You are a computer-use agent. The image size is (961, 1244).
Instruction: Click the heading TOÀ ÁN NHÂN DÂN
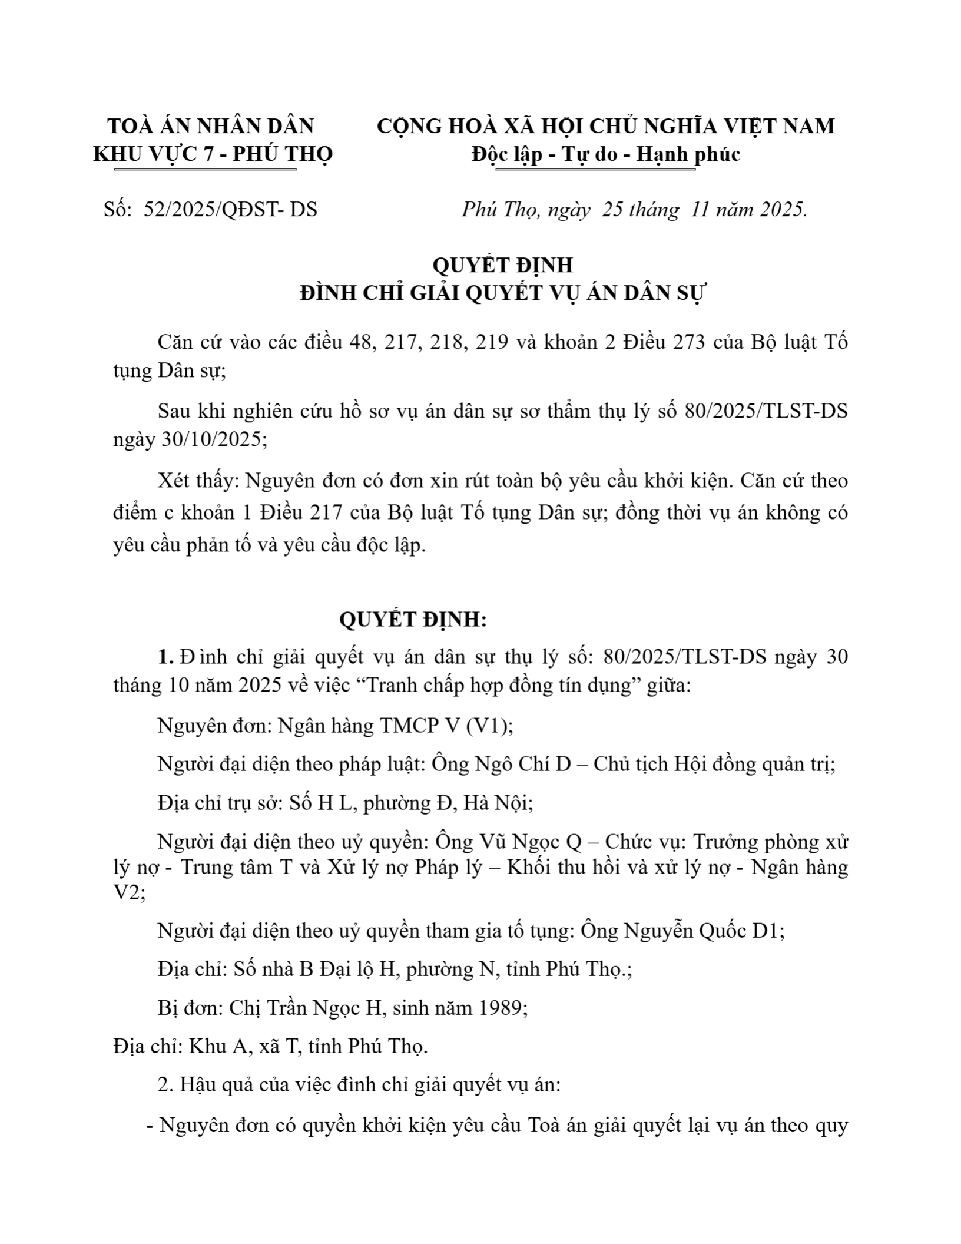click(x=210, y=126)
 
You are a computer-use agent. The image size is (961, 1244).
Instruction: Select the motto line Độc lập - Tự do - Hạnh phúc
click(x=605, y=154)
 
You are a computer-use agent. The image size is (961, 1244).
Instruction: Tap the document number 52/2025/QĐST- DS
click(x=230, y=209)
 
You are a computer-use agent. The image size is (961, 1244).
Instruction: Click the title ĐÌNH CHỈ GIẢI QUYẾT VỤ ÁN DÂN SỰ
click(x=502, y=293)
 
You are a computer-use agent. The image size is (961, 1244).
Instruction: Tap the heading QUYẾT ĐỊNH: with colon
click(x=413, y=620)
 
